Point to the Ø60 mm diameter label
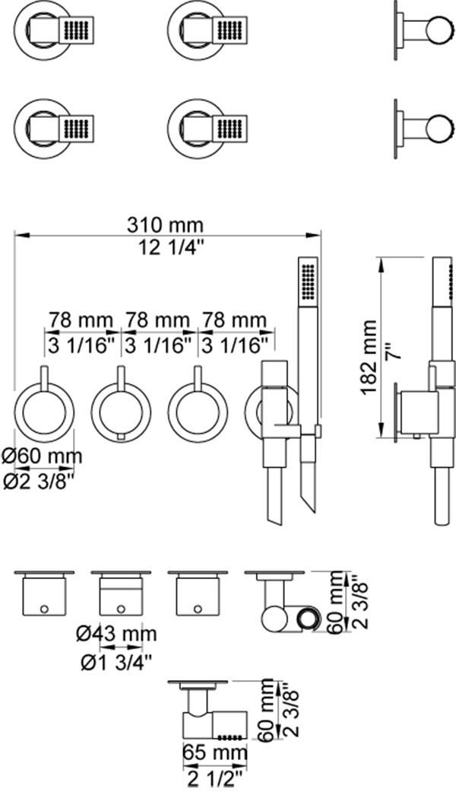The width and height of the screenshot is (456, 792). pyautogui.click(x=41, y=456)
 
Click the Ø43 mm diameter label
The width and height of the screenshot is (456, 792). pyautogui.click(x=116, y=634)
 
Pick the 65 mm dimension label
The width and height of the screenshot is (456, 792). pyautogui.click(x=215, y=752)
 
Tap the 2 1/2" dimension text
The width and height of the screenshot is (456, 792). pyautogui.click(x=215, y=777)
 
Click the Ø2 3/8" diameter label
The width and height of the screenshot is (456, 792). pyautogui.click(x=39, y=482)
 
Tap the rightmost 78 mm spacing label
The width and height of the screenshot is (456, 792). pyautogui.click(x=233, y=320)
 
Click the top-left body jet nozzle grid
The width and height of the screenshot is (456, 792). pyautogui.click(x=77, y=30)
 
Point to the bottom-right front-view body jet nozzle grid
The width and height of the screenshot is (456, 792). pyautogui.click(x=232, y=127)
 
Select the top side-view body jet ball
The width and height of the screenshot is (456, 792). pyautogui.click(x=436, y=30)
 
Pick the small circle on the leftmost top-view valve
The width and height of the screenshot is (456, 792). pyautogui.click(x=44, y=609)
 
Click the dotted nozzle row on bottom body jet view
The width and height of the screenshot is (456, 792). pyautogui.click(x=231, y=734)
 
